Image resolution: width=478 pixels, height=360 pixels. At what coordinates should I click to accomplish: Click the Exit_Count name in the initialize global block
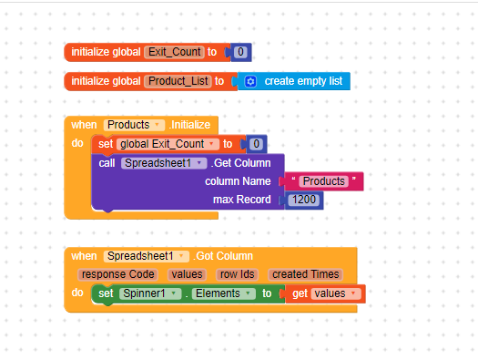[x=174, y=52]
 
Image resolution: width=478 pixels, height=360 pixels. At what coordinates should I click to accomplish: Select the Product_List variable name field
[x=177, y=81]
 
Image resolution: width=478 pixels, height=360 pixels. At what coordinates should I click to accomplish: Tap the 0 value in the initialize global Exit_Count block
[x=240, y=52]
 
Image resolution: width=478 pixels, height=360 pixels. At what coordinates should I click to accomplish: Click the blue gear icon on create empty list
[x=250, y=81]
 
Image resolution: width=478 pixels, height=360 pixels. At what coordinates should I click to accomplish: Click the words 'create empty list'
[x=303, y=81]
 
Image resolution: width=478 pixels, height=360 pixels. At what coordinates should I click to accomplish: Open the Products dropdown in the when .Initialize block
[x=133, y=124]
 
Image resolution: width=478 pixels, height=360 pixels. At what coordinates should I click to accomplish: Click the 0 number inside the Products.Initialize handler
[x=257, y=144]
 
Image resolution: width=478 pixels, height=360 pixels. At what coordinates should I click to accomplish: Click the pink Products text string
[x=323, y=181]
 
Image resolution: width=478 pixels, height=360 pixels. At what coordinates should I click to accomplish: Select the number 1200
[x=304, y=200]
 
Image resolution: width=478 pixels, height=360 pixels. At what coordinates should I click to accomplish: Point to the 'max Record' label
[x=241, y=200]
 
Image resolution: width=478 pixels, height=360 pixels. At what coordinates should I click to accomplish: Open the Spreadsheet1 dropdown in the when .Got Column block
[x=146, y=256]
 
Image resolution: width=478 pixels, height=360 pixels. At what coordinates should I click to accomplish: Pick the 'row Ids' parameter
[x=239, y=274]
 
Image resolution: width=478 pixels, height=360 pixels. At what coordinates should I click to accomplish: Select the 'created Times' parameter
[x=306, y=274]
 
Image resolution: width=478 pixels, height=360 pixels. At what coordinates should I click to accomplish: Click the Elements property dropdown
[x=223, y=293]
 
